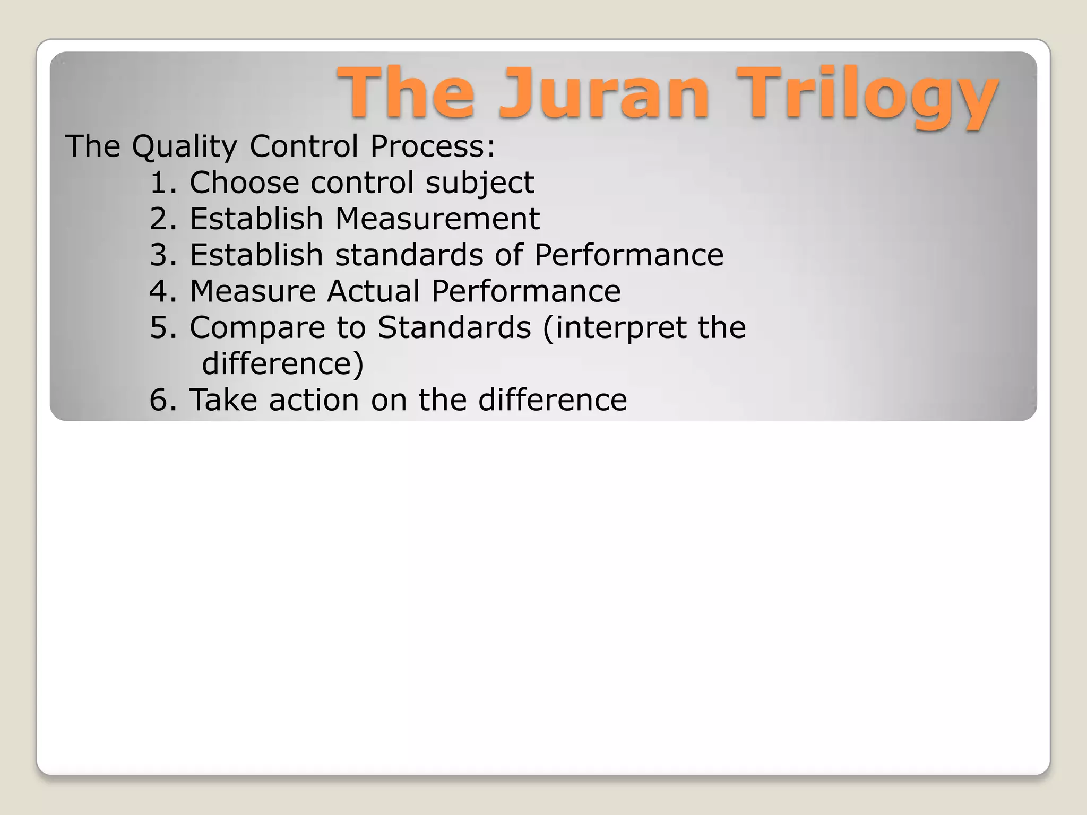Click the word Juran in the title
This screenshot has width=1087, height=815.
pyautogui.click(x=604, y=93)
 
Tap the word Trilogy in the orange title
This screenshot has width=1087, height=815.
pyautogui.click(x=867, y=96)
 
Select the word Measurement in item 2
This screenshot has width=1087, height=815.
pyautogui.click(x=437, y=219)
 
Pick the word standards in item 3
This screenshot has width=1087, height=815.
pyautogui.click(x=409, y=255)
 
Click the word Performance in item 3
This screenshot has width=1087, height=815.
pyautogui.click(x=628, y=255)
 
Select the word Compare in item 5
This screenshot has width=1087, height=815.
pyautogui.click(x=257, y=328)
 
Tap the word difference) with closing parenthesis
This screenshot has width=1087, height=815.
pyautogui.click(x=283, y=364)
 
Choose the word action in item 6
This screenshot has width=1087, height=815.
pyautogui.click(x=314, y=400)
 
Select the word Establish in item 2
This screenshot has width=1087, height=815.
pyautogui.click(x=256, y=219)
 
